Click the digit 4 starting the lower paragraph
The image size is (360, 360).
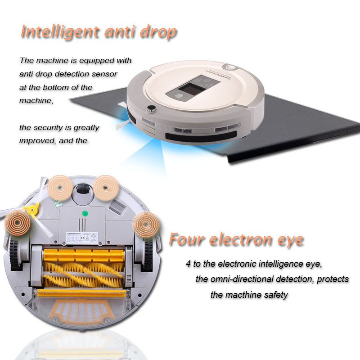[x=188, y=263]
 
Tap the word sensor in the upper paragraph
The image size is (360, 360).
[x=104, y=74]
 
